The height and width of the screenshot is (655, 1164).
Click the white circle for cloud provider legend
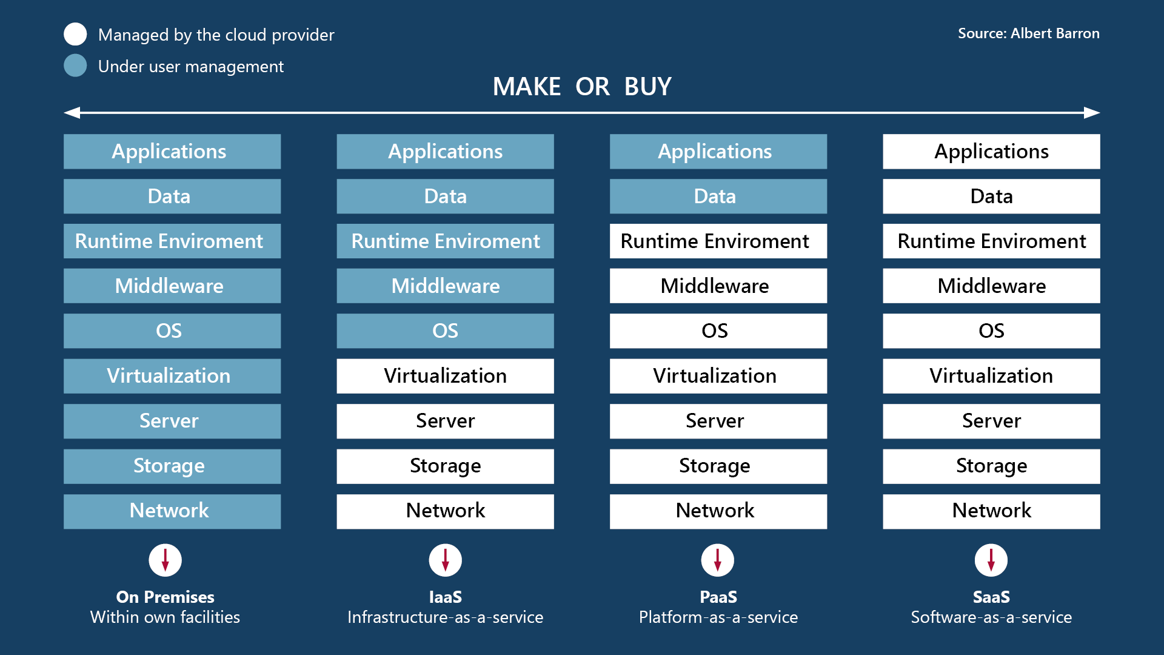point(75,34)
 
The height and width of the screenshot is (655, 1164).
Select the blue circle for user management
point(75,65)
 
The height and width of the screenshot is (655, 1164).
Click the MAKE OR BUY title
point(582,87)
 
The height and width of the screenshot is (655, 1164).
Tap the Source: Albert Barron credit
point(1028,33)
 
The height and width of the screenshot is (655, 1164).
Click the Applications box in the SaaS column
point(991,152)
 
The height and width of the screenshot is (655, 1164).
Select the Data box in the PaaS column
point(718,196)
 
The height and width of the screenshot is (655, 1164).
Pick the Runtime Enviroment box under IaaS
point(445,241)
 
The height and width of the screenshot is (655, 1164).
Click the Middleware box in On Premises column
point(172,286)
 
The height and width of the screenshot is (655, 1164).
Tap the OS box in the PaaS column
point(718,331)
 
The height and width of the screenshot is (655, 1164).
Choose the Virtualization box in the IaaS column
point(445,376)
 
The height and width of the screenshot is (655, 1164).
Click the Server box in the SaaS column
point(991,421)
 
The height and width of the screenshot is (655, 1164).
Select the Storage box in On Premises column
point(172,466)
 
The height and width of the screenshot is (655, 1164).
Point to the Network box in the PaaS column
point(718,511)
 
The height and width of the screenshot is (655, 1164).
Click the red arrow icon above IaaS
point(445,560)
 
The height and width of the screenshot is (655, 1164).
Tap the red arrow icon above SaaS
point(991,560)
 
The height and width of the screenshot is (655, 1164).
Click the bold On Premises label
point(165,597)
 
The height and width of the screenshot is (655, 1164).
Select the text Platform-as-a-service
point(718,617)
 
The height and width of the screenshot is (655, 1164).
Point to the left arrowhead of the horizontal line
point(72,113)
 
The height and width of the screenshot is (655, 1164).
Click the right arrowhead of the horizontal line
point(1092,113)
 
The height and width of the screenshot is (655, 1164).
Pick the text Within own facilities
point(165,617)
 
